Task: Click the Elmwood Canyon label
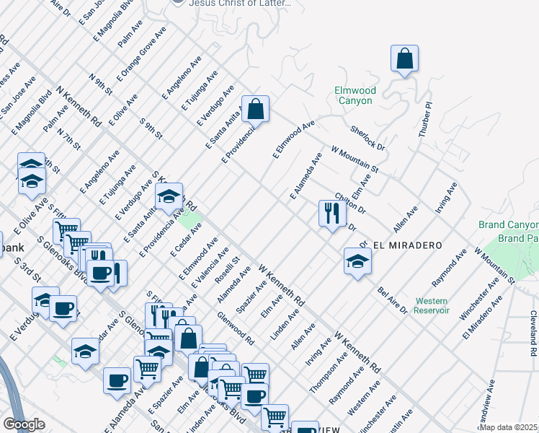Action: click(x=355, y=95)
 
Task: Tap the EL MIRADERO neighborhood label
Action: click(x=406, y=245)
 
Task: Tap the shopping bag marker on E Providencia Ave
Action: click(x=255, y=110)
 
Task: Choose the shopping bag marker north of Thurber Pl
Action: click(x=405, y=59)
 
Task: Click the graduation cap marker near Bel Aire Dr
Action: click(x=357, y=262)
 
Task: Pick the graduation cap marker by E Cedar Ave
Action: click(x=169, y=197)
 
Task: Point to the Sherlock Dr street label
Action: click(x=367, y=138)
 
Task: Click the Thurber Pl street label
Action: click(x=425, y=120)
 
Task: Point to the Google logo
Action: click(x=24, y=424)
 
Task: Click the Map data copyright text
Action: click(x=508, y=427)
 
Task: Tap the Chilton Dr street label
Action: click(x=350, y=204)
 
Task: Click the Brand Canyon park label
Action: click(x=508, y=225)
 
